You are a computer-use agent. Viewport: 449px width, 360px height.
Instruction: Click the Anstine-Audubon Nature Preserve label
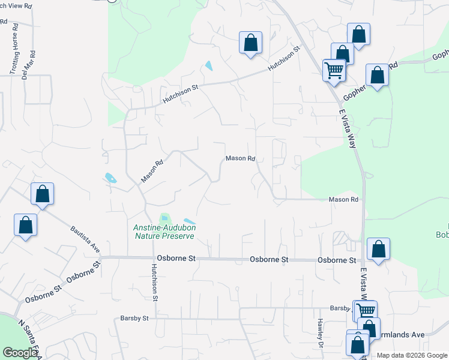pos(164,232)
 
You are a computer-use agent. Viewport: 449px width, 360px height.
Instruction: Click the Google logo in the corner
pos(20,353)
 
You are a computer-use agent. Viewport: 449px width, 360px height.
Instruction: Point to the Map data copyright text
pos(412,355)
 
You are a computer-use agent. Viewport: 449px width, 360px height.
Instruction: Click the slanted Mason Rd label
pos(152,171)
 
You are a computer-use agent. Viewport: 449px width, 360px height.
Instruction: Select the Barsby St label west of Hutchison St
pos(134,318)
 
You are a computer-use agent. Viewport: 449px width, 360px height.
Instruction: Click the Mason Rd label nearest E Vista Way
pos(343,199)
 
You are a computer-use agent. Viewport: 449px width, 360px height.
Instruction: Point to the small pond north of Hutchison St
pos(208,65)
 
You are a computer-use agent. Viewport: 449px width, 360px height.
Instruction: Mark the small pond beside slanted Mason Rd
pos(109,178)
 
